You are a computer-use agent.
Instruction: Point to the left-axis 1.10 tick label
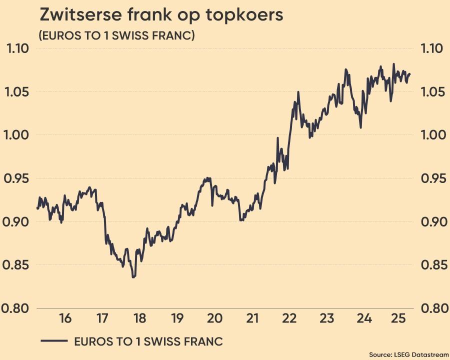17,49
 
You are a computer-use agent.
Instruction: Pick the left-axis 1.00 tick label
17,135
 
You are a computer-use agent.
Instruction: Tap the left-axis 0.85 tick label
17,265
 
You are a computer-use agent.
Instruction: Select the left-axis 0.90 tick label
17,222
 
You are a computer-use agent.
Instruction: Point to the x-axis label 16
65,318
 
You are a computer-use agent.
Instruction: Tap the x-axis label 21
252,318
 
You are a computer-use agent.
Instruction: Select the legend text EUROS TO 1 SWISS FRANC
148,341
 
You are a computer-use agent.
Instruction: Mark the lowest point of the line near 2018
133,277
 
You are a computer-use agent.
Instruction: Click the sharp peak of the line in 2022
298,92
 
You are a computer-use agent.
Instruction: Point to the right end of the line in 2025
410,74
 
